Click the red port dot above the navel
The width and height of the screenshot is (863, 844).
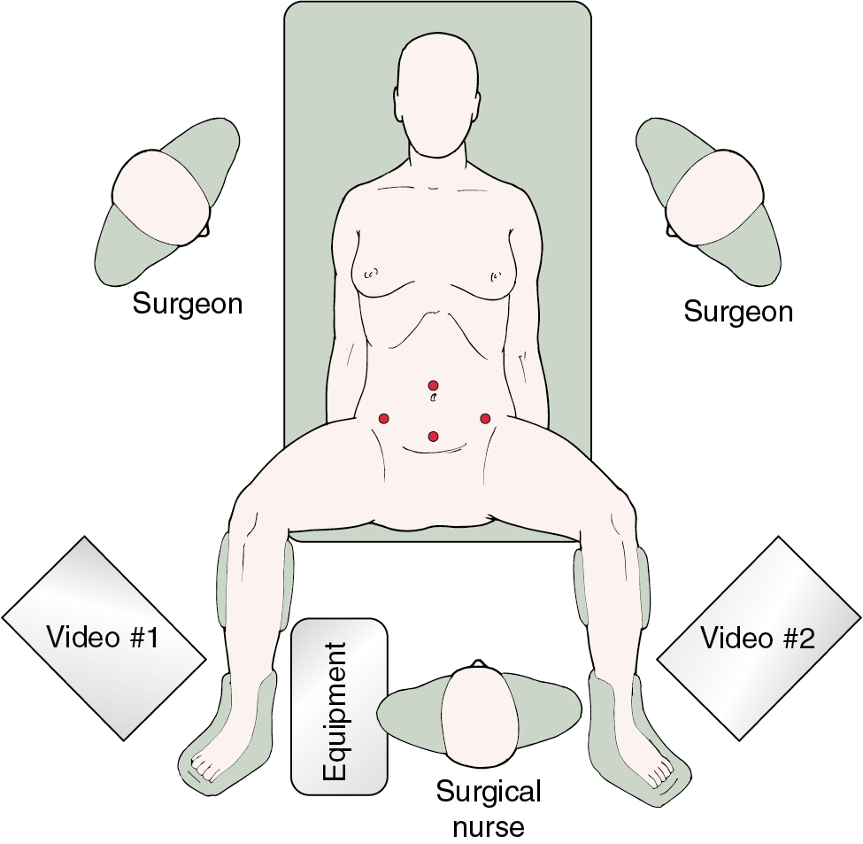[x=433, y=385]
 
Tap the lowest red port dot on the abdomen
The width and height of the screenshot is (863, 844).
[x=433, y=436]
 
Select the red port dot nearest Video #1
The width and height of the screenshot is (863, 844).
[x=384, y=418]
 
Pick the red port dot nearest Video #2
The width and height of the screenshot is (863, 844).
[x=485, y=418]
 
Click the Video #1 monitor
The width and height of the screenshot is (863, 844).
[x=104, y=638]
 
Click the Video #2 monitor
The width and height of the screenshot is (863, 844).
[x=759, y=638]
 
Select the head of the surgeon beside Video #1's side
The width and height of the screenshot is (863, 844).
[x=161, y=196]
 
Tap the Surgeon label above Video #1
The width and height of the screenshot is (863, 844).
[x=188, y=304]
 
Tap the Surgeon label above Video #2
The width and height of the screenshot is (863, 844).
[x=738, y=312]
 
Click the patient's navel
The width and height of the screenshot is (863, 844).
[x=433, y=399]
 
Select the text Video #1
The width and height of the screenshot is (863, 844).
[x=103, y=637]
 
